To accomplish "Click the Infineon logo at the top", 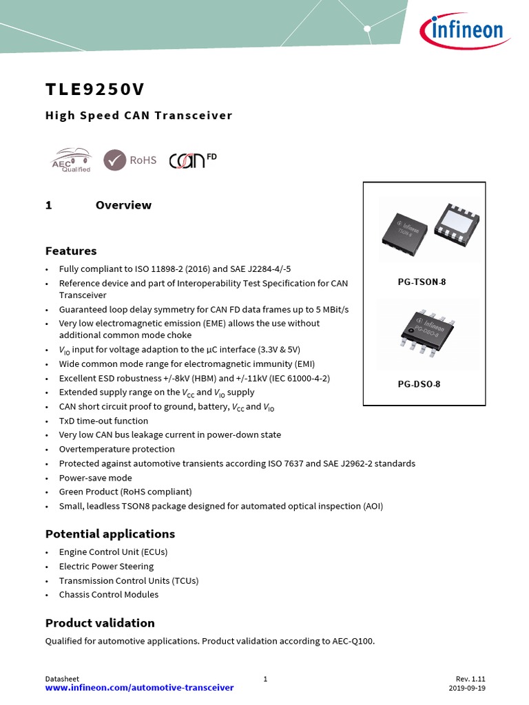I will (x=462, y=31).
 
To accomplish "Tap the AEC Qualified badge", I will (x=71, y=160).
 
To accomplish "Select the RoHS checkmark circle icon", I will (x=114, y=160).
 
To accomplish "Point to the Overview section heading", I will (x=123, y=205).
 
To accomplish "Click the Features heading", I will (x=71, y=251).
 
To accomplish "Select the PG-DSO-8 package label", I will (x=419, y=384).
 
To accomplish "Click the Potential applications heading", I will (x=110, y=534).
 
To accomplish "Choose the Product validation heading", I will (x=100, y=623).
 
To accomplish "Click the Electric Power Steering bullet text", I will (x=106, y=566).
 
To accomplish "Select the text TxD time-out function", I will (x=103, y=421).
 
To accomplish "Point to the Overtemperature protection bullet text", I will (x=116, y=449).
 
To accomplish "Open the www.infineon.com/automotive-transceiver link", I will (x=139, y=687).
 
